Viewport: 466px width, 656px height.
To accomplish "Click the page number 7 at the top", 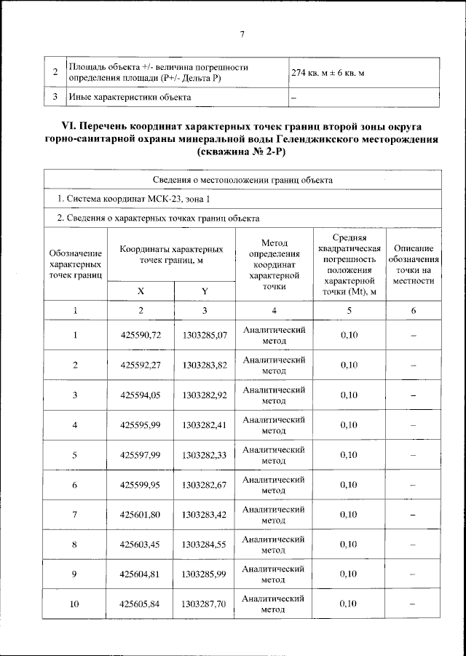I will [x=241, y=33].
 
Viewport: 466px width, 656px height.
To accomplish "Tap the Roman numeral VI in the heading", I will [x=56, y=126].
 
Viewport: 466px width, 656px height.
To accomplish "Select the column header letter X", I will [x=141, y=291].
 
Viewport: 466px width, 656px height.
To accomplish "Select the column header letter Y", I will [x=205, y=291].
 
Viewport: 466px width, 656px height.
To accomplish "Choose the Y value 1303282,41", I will [x=205, y=425].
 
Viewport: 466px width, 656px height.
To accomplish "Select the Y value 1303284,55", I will [x=205, y=545].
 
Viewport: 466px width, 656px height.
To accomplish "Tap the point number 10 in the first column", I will [x=74, y=604].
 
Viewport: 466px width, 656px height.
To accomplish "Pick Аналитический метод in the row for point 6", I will [x=273, y=485].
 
